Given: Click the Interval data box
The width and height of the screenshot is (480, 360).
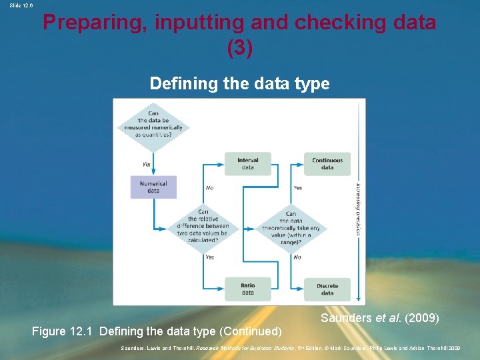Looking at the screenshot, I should click(x=247, y=164).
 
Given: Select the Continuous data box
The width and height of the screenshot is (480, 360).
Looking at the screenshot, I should click(x=327, y=164).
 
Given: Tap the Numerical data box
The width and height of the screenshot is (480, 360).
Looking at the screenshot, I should click(x=153, y=187).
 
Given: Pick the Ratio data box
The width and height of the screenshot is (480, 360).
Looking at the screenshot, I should click(x=247, y=289).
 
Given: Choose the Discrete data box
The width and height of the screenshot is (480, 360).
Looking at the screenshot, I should click(x=327, y=289).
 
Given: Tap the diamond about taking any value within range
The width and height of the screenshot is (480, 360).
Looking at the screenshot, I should click(x=291, y=227).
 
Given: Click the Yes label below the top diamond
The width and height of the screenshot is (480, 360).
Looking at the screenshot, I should click(x=146, y=164).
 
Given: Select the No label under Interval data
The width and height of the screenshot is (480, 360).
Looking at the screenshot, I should click(x=209, y=188).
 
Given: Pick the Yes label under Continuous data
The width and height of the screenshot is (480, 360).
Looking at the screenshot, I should click(x=297, y=188).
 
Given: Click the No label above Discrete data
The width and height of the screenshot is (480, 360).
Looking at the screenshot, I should click(x=297, y=257).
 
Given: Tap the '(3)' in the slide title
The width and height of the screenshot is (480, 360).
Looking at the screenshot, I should click(x=240, y=49).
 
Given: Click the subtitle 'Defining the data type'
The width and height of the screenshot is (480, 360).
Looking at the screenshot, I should click(x=239, y=83).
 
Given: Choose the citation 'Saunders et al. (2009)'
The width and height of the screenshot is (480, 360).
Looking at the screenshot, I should click(x=379, y=318).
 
